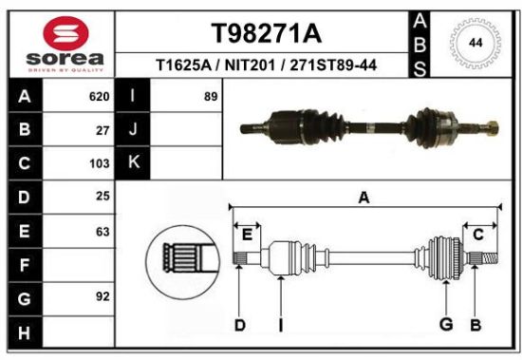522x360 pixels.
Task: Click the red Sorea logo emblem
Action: [x=65, y=33]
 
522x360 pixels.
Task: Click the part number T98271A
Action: [x=267, y=33]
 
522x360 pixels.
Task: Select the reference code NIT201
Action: [x=250, y=65]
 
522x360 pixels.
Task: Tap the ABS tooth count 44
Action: [x=475, y=43]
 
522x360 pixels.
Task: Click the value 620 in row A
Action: [x=100, y=97]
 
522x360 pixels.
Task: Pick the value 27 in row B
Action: [x=103, y=131]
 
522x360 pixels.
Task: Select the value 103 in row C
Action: [x=100, y=163]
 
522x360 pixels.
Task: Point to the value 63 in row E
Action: [x=103, y=232]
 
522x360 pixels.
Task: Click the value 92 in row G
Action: [x=103, y=296]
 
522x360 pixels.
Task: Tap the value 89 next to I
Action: [x=211, y=97]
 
